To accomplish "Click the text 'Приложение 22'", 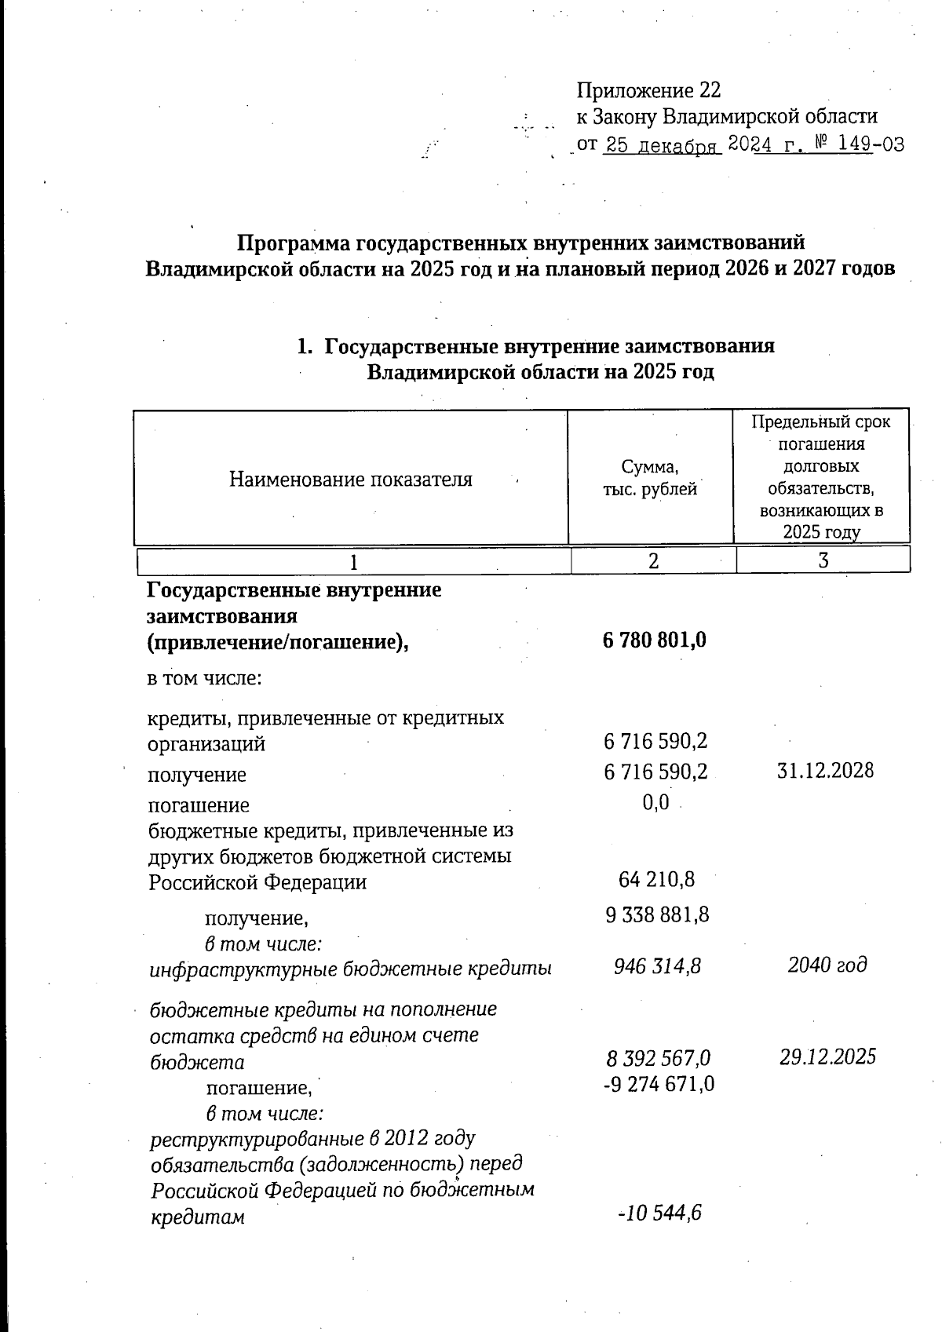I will pyautogui.click(x=648, y=90).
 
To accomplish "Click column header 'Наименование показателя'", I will pyautogui.click(x=351, y=479).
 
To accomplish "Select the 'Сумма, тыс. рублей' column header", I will pyautogui.click(x=649, y=478).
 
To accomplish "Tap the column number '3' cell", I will pyautogui.click(x=823, y=560).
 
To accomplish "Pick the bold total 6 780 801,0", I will pyautogui.click(x=654, y=640).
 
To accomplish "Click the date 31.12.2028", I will pyautogui.click(x=825, y=770).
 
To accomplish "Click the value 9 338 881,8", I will pyautogui.click(x=657, y=914).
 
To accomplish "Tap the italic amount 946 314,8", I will pyautogui.click(x=657, y=965).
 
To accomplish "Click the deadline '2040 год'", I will pyautogui.click(x=827, y=965).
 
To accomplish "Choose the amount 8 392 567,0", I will pyautogui.click(x=658, y=1058).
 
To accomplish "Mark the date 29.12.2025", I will pyautogui.click(x=827, y=1056).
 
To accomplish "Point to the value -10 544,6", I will pyautogui.click(x=659, y=1213).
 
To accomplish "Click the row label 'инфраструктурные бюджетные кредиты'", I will pyautogui.click(x=350, y=968).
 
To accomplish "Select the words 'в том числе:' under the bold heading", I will pyautogui.click(x=204, y=677).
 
